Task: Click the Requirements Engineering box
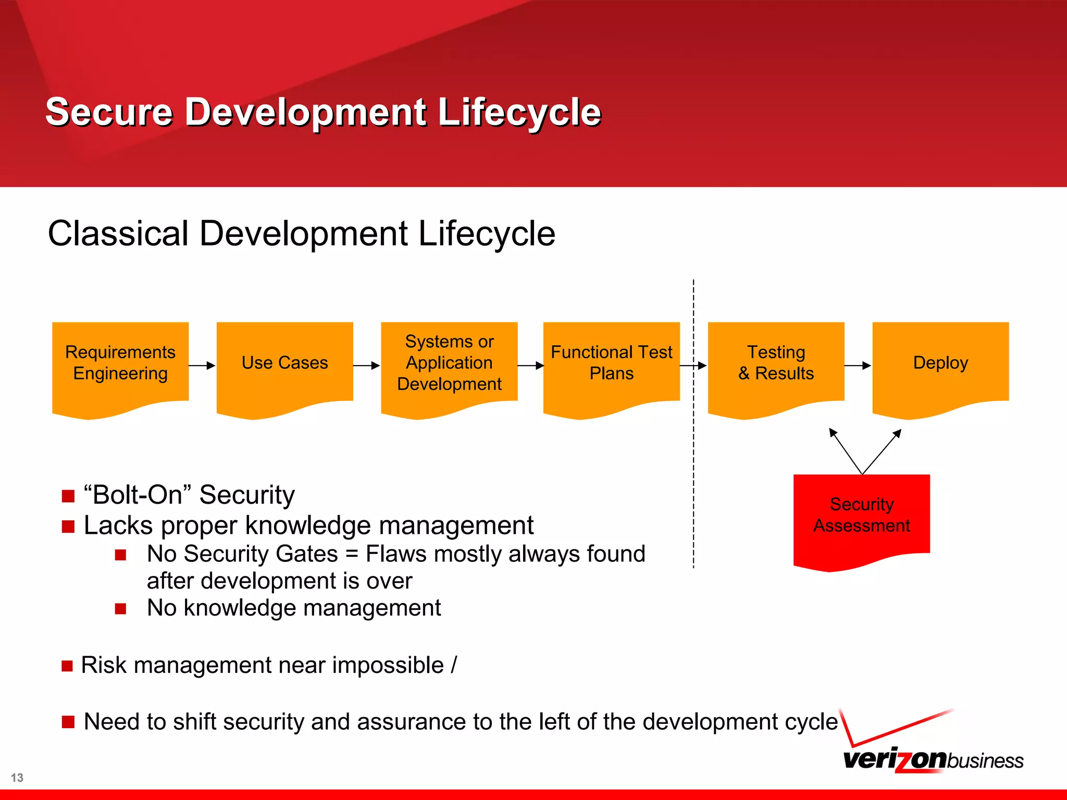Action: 120,365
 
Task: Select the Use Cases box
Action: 284,365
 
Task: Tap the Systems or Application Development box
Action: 449,365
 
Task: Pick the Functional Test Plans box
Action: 611,365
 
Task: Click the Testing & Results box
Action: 776,365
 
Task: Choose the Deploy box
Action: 940,365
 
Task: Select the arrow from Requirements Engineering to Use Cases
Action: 202,366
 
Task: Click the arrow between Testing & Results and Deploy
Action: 858,366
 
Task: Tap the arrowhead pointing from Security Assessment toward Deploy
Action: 897,434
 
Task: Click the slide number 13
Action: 17,778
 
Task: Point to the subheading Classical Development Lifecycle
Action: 301,233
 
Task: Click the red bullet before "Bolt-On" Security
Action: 68,496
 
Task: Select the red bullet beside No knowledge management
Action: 121,609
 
